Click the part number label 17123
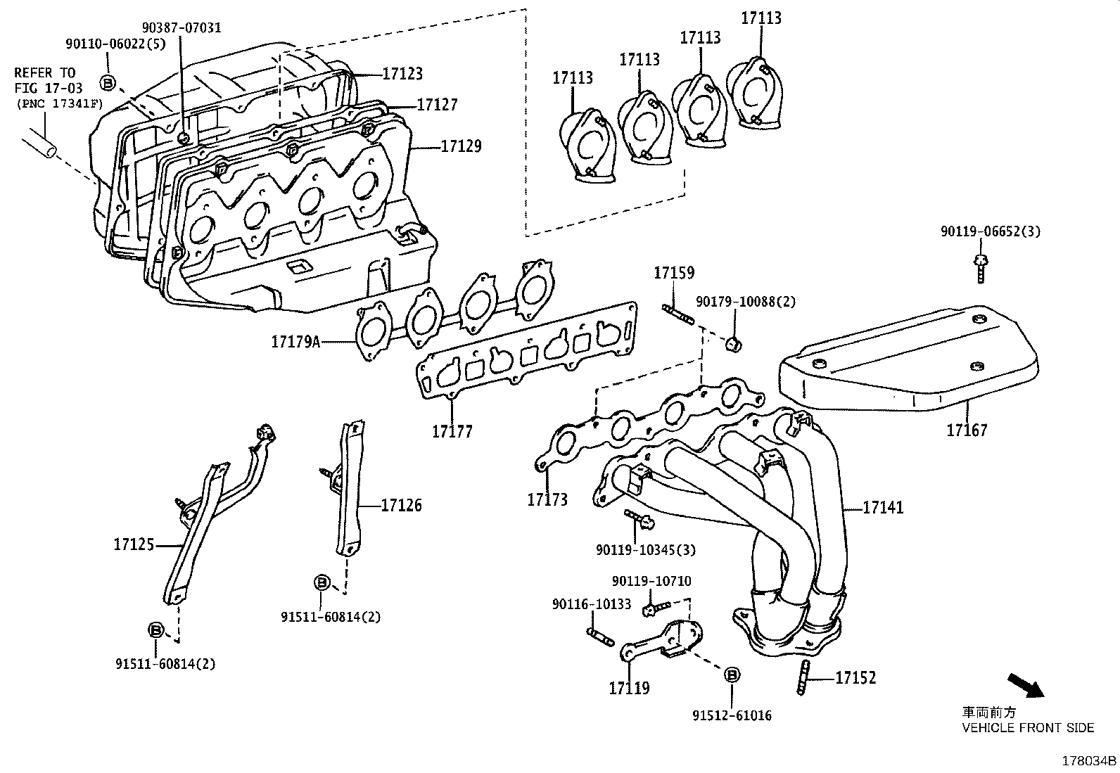(402, 73)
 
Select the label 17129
(461, 146)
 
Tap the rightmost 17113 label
(761, 18)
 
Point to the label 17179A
(295, 342)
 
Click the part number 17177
(452, 431)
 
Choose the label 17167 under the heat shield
(967, 430)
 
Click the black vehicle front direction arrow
(1026, 685)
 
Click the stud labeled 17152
(803, 678)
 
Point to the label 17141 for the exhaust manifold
(883, 507)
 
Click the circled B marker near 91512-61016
(732, 674)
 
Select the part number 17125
(134, 544)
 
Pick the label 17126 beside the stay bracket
(402, 505)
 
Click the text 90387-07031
(181, 27)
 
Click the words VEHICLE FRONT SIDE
(1028, 728)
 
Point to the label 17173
(547, 499)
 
